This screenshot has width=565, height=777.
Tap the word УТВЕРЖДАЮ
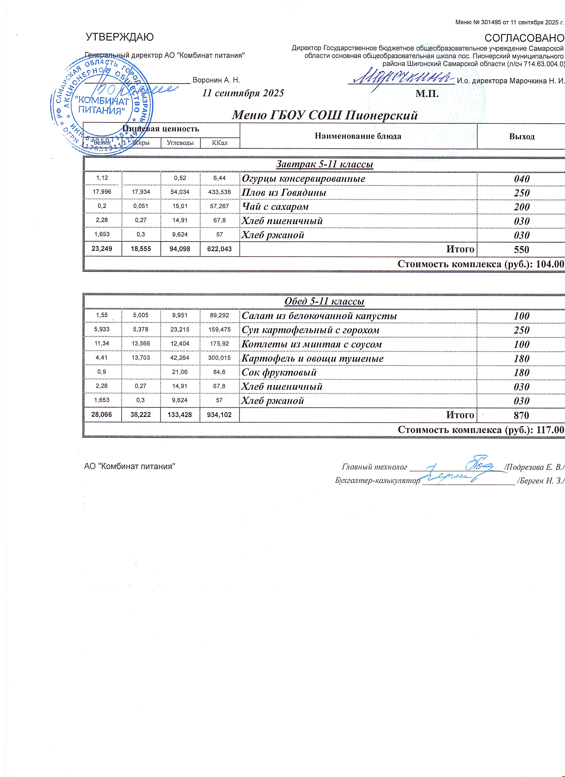coord(119,37)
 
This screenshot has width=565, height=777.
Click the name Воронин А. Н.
coord(216,80)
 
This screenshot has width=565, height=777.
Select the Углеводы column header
coord(180,143)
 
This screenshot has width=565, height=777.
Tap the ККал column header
coord(219,143)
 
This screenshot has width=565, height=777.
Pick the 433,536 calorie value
coord(219,192)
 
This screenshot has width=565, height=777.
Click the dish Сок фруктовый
coord(279,372)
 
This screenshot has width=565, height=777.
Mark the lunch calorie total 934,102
coord(219,415)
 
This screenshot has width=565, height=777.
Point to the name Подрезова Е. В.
coord(534,467)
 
